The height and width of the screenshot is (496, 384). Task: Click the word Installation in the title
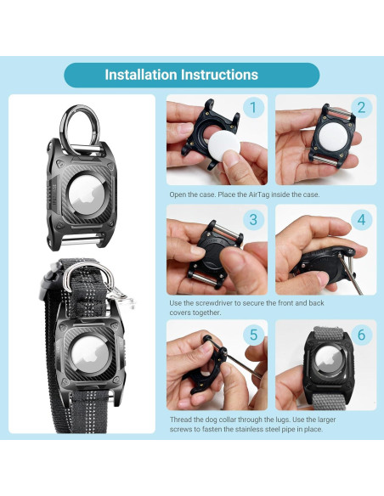pyautogui.click(x=141, y=75)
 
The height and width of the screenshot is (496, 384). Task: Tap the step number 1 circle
pyautogui.click(x=251, y=108)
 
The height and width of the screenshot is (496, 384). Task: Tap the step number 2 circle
pyautogui.click(x=361, y=108)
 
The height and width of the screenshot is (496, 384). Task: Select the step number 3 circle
pyautogui.click(x=251, y=218)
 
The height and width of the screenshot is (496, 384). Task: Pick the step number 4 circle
pyautogui.click(x=361, y=218)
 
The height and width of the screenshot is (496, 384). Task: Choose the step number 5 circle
pyautogui.click(x=251, y=335)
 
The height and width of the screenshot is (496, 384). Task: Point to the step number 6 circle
pyautogui.click(x=361, y=335)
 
